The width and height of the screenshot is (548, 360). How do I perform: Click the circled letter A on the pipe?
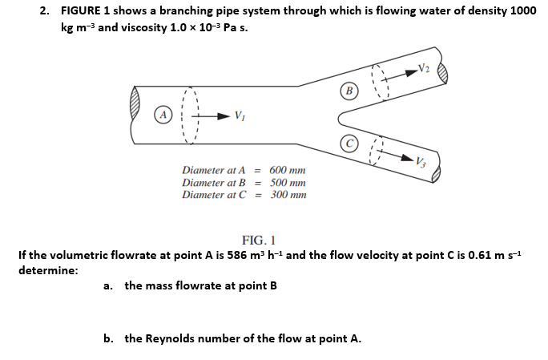(163, 113)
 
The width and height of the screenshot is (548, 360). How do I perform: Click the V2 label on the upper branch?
(434, 69)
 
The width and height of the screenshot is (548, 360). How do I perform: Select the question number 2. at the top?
(46, 11)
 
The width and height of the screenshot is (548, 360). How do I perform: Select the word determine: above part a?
(47, 270)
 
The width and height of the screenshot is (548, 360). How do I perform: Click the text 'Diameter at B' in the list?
(215, 183)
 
